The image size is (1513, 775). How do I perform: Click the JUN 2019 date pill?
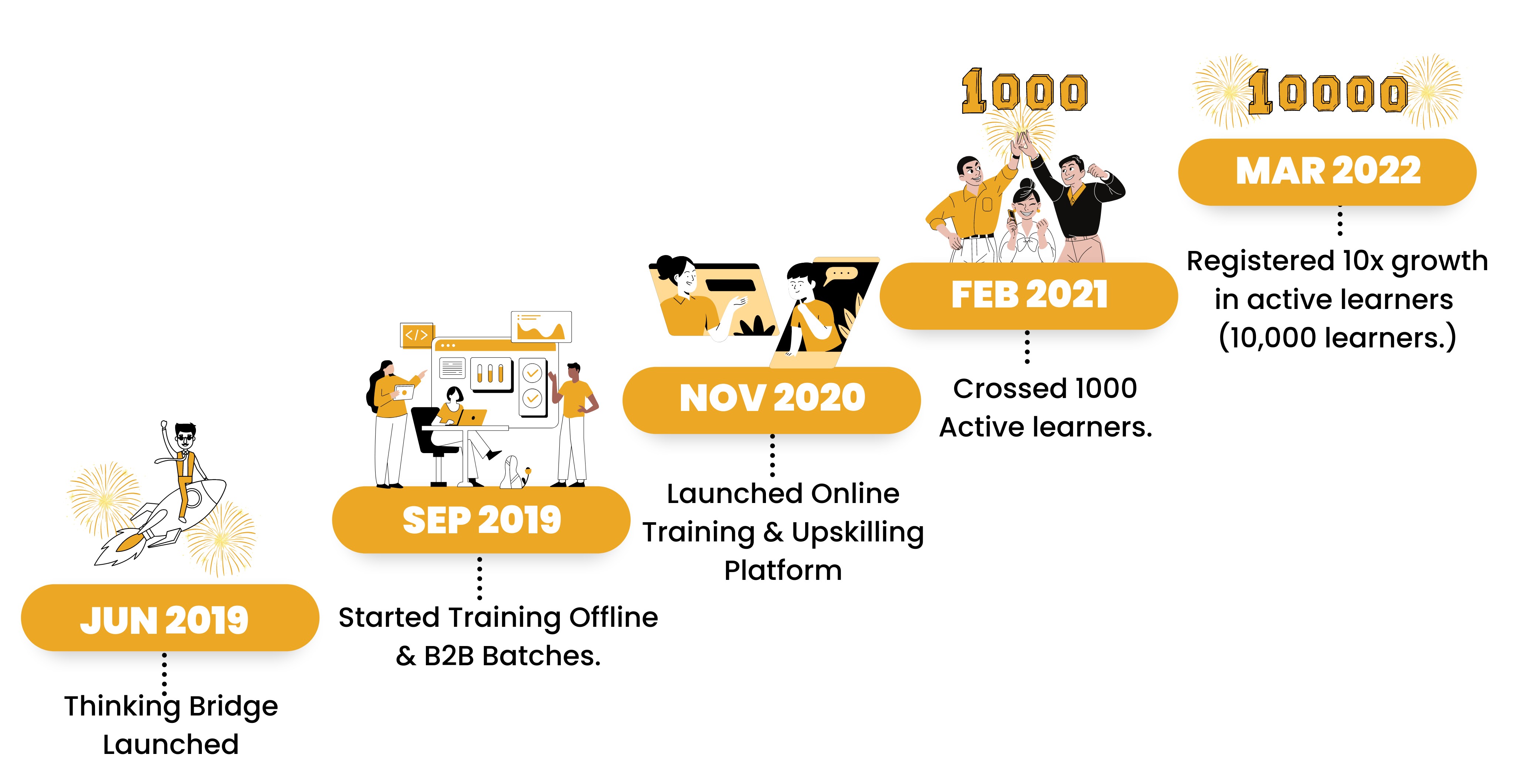click(x=170, y=618)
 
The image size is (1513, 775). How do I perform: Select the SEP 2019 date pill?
click(x=481, y=520)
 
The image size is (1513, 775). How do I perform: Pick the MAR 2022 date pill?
click(x=1327, y=172)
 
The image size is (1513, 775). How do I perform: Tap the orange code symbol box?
click(x=417, y=335)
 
